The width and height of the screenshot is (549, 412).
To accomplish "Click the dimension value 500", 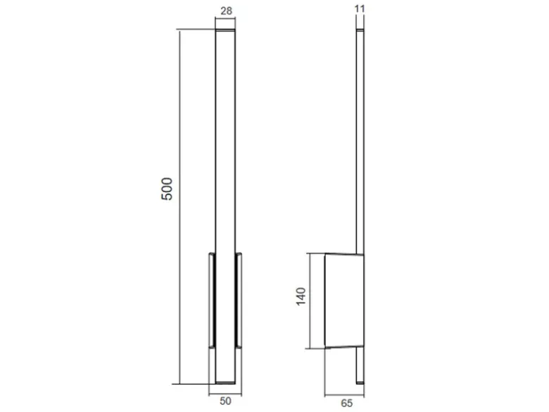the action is [x=167, y=189].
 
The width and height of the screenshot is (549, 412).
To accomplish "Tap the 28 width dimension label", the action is [x=226, y=11].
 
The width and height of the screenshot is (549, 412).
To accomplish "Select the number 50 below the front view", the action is [x=225, y=401].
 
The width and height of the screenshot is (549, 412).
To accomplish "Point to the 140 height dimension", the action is [x=301, y=296].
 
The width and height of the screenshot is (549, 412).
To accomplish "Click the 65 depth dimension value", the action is [x=346, y=404].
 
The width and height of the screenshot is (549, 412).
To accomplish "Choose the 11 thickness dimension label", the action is [x=360, y=8].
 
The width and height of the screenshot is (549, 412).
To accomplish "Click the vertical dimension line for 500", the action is [x=179, y=207].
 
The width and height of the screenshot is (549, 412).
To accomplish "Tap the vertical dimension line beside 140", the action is [x=310, y=301].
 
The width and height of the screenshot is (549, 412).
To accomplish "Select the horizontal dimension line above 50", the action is [x=225, y=395].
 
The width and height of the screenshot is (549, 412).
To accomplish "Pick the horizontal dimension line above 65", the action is [x=344, y=396].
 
